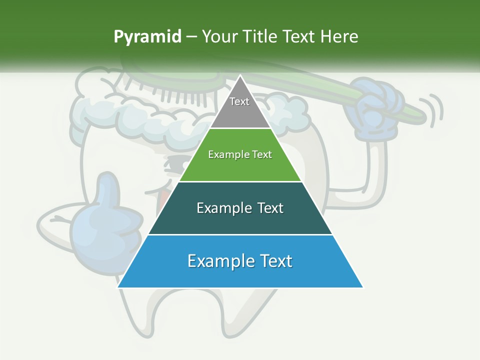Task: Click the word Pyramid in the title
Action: click(x=147, y=37)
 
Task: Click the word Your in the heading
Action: click(x=218, y=36)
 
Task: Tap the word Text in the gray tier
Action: click(x=239, y=101)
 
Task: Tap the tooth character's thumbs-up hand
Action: click(x=100, y=220)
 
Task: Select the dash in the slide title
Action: click(x=191, y=37)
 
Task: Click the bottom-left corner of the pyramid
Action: click(x=118, y=287)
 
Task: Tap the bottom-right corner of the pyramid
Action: click(x=362, y=287)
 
